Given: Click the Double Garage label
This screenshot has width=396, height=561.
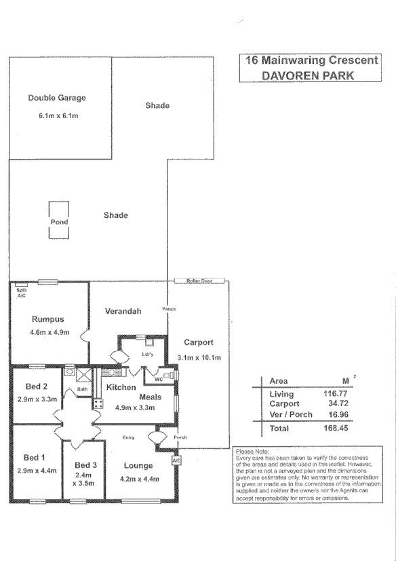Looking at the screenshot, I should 57,98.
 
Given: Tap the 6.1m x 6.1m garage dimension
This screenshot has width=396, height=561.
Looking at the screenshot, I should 58,116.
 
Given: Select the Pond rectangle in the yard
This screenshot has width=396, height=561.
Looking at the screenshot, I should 60,221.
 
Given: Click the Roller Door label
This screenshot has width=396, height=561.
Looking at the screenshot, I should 199,280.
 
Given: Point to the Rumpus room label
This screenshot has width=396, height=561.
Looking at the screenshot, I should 47,319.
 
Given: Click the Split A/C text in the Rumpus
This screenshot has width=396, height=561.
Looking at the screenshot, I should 21,293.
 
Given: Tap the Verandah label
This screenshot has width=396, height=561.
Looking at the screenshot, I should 123,311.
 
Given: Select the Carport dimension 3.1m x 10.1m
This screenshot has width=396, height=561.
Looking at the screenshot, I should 199,357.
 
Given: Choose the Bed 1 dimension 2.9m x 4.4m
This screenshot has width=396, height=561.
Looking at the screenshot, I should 35,470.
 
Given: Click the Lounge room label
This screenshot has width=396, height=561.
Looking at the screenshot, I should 138,466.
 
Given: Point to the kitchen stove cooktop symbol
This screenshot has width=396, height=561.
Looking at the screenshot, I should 98,403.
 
